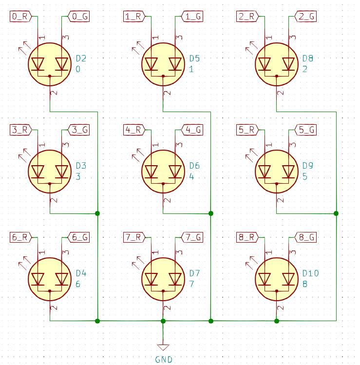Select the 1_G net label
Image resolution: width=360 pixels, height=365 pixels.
(192, 17)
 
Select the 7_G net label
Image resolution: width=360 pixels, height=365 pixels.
(192, 237)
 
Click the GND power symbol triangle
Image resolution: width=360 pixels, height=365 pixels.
(163, 347)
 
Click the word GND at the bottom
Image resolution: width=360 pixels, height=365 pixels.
(163, 360)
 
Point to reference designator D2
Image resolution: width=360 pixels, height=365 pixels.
(81, 58)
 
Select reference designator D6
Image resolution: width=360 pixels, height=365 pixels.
(194, 166)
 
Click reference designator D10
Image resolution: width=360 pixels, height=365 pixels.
(310, 273)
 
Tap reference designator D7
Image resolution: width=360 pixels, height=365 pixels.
(194, 273)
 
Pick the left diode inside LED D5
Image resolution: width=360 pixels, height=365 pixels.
(151, 64)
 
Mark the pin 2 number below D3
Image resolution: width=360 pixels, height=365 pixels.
(54, 199)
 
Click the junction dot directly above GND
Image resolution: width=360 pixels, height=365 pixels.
(163, 321)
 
